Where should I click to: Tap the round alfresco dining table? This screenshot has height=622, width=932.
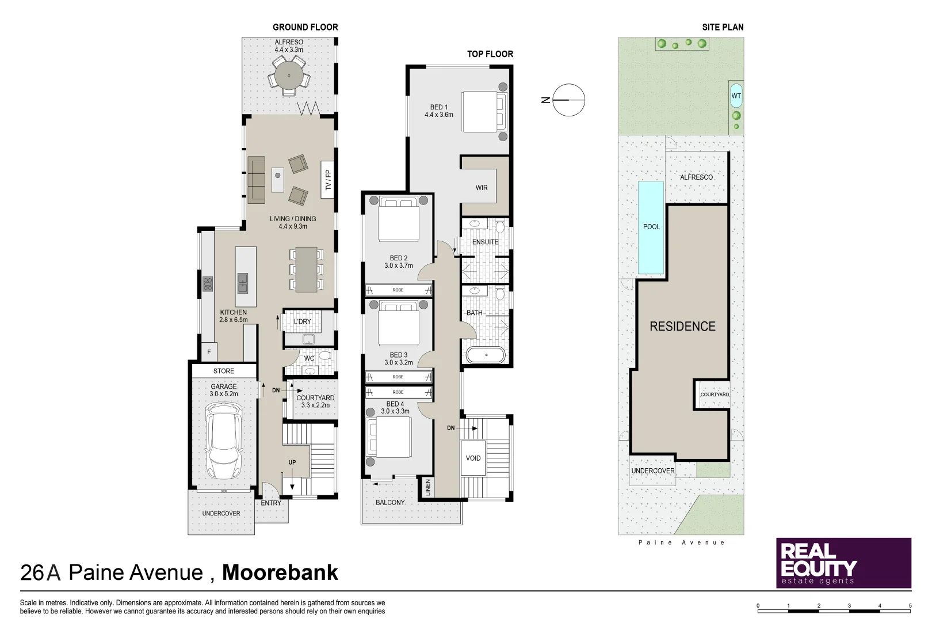289,74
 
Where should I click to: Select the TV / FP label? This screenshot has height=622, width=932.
328,180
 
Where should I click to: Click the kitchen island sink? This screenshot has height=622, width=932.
243,282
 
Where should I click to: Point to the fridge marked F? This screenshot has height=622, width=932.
209,351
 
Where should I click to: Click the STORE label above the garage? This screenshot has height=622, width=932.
224,371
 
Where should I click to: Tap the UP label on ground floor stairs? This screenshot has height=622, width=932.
292,462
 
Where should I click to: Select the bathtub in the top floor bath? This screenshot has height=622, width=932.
486,355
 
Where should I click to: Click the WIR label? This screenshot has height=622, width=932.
482,188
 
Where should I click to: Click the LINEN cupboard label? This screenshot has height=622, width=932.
427,488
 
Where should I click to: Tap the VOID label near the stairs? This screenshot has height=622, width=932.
473,458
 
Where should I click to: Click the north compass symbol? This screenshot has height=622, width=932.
568,100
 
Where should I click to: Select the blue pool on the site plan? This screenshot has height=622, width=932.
651,227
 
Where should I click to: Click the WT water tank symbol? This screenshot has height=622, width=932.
736,96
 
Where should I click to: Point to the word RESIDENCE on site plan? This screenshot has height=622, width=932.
682,327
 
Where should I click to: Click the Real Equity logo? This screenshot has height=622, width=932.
843,563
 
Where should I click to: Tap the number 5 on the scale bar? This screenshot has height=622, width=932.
910,605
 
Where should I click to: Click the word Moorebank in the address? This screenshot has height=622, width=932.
280,572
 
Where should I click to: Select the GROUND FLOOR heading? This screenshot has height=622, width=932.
305,27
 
